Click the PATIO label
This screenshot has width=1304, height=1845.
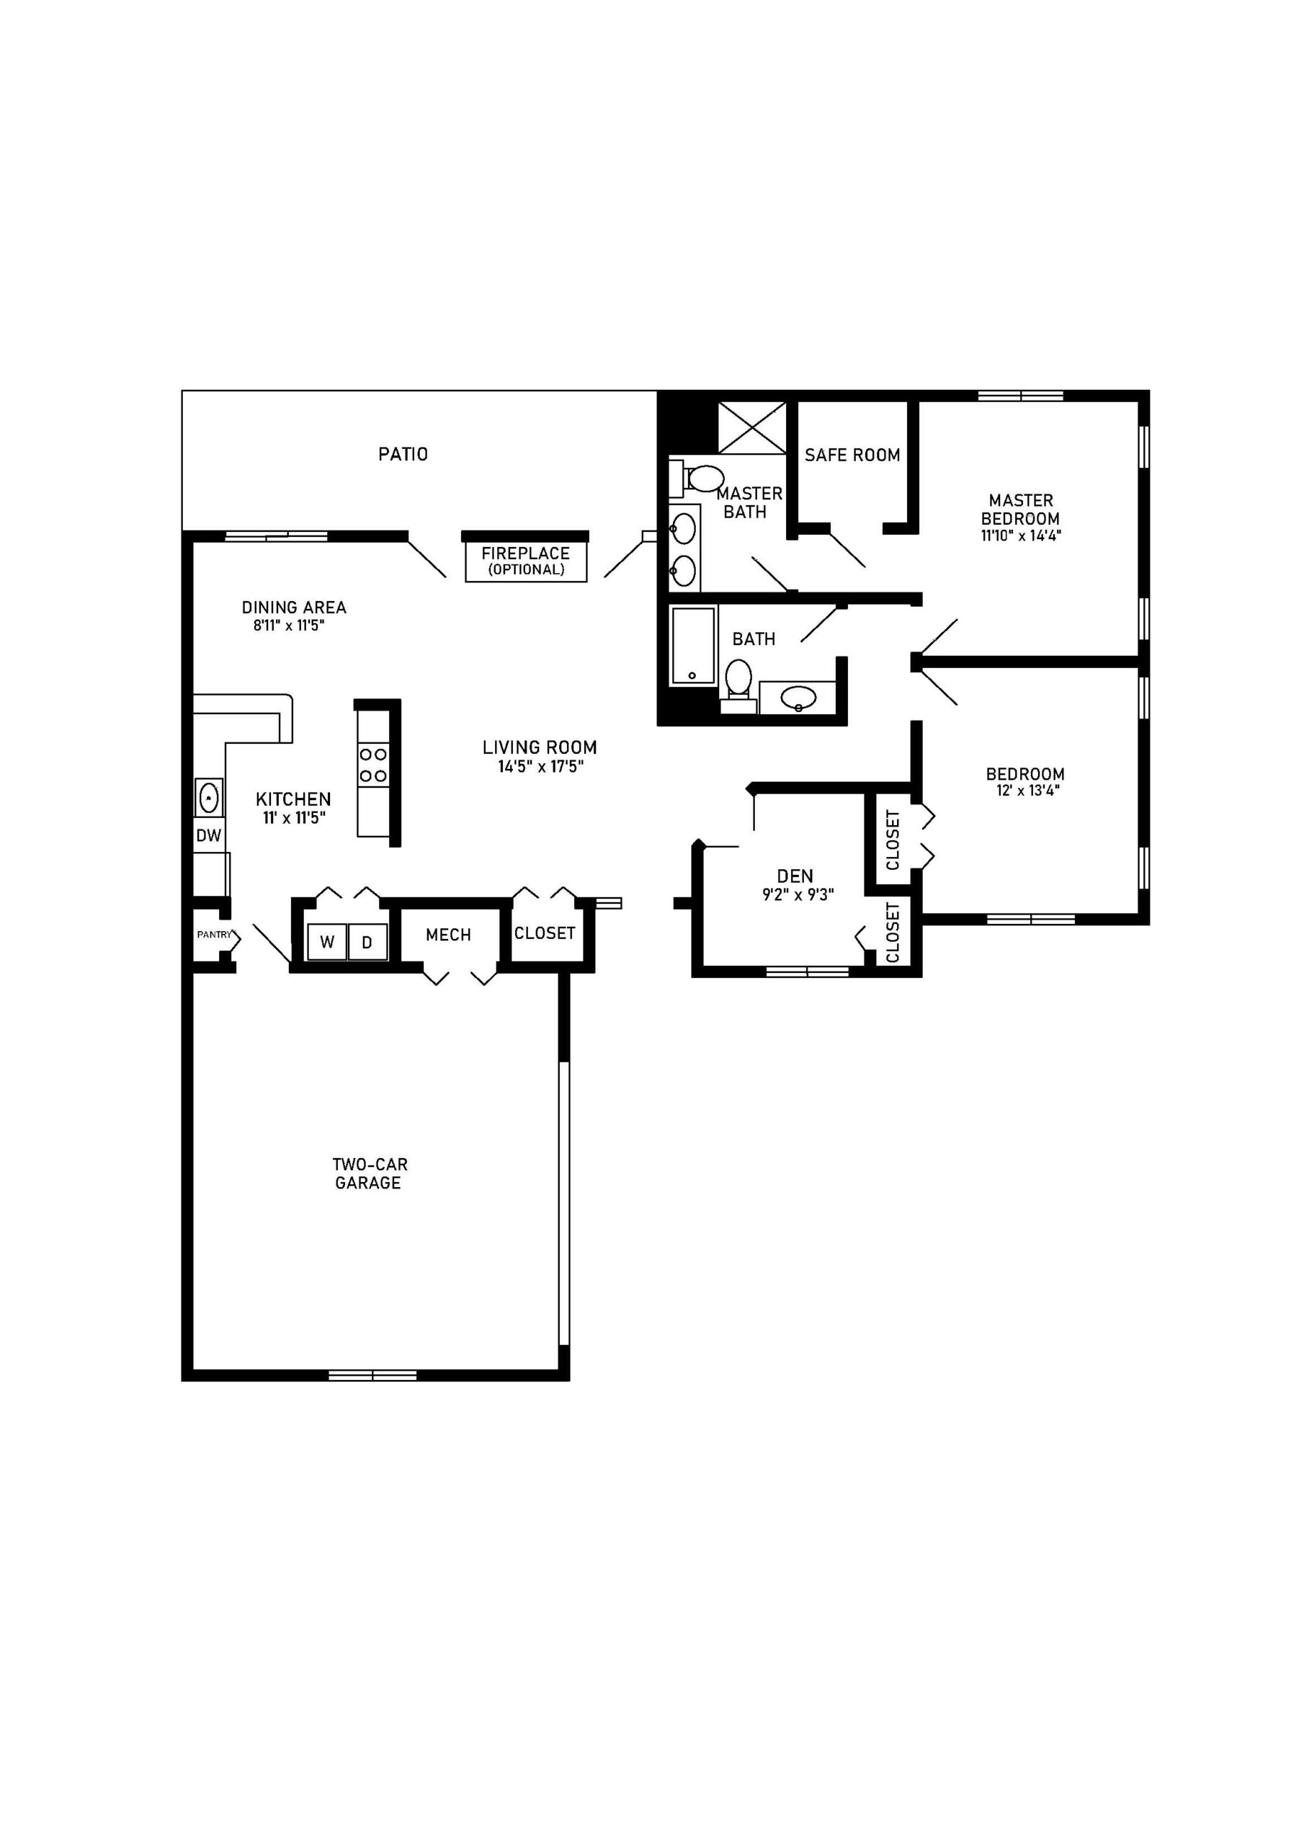pyautogui.click(x=403, y=454)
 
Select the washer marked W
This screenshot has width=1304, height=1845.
pyautogui.click(x=326, y=942)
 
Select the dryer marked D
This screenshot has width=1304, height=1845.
pyautogui.click(x=367, y=942)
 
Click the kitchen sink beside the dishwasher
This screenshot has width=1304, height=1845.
pyautogui.click(x=208, y=798)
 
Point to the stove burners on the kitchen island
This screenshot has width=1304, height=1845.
pyautogui.click(x=372, y=765)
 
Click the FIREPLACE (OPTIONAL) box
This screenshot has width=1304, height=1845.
pyautogui.click(x=525, y=561)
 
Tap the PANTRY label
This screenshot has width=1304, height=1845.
pyautogui.click(x=214, y=935)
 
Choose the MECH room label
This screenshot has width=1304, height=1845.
pyautogui.click(x=448, y=935)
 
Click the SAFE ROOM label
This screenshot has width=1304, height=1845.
pyautogui.click(x=852, y=455)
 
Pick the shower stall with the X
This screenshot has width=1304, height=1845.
pyautogui.click(x=751, y=427)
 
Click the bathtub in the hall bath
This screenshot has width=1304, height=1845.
pyautogui.click(x=693, y=645)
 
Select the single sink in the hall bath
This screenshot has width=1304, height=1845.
pyautogui.click(x=798, y=697)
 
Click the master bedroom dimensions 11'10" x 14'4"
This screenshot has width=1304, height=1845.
pyautogui.click(x=1020, y=536)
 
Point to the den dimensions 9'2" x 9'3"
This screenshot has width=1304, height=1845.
pyautogui.click(x=797, y=894)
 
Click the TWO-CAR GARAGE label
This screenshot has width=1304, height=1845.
pyautogui.click(x=369, y=1173)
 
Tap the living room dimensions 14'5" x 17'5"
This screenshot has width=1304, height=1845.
pyautogui.click(x=540, y=767)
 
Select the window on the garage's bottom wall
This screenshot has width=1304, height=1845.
pyautogui.click(x=372, y=1375)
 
